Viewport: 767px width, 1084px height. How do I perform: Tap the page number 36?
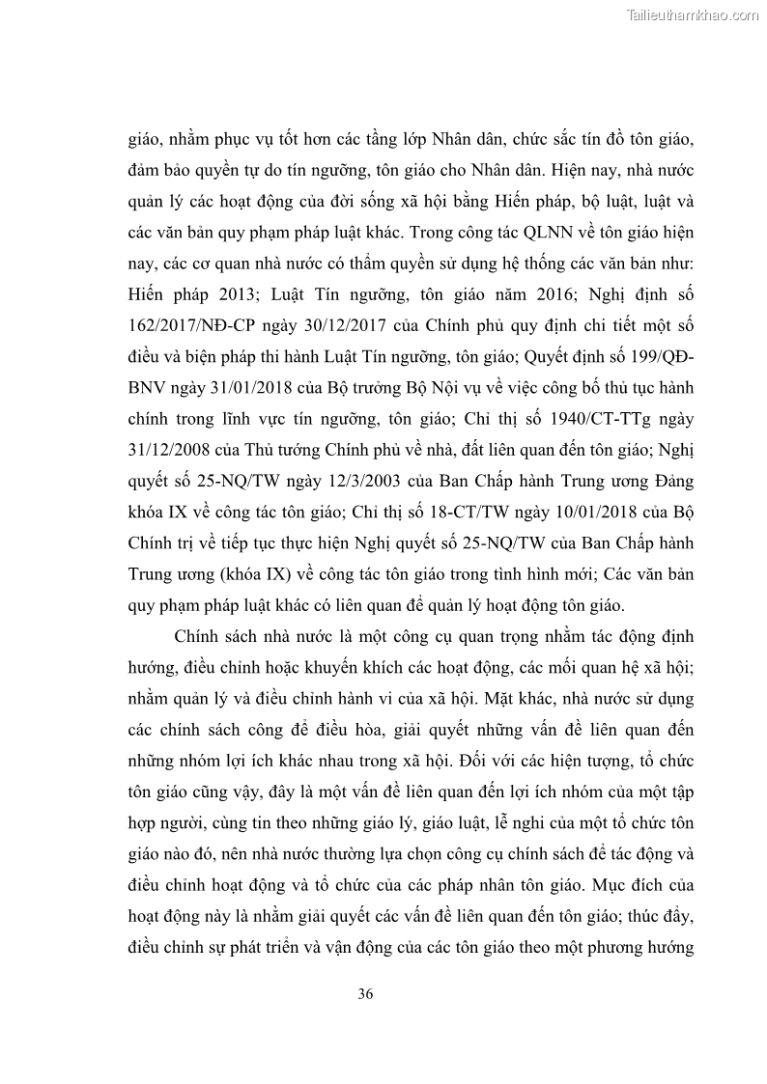click(365, 994)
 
